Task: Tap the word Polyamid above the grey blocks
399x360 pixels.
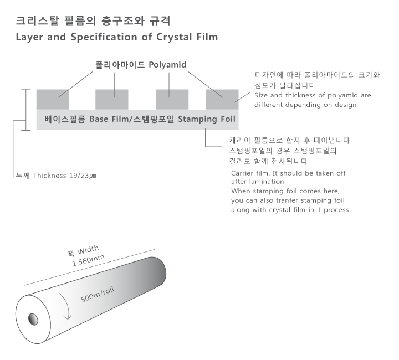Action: [167, 65]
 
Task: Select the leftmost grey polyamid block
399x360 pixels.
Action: [53, 99]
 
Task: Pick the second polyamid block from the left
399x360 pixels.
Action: [112, 99]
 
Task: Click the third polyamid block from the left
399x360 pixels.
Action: [172, 99]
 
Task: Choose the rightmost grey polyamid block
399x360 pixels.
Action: [222, 99]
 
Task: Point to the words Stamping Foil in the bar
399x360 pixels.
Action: [207, 119]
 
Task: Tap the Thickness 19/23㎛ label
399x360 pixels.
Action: [65, 176]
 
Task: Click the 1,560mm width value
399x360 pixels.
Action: [88, 260]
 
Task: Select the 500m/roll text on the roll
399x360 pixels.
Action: [97, 295]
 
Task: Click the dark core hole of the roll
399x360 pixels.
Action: [33, 320]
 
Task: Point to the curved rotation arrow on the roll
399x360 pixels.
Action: [65, 306]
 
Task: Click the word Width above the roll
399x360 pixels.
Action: [88, 250]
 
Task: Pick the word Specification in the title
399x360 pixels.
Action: [104, 37]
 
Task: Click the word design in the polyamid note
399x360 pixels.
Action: [346, 105]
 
